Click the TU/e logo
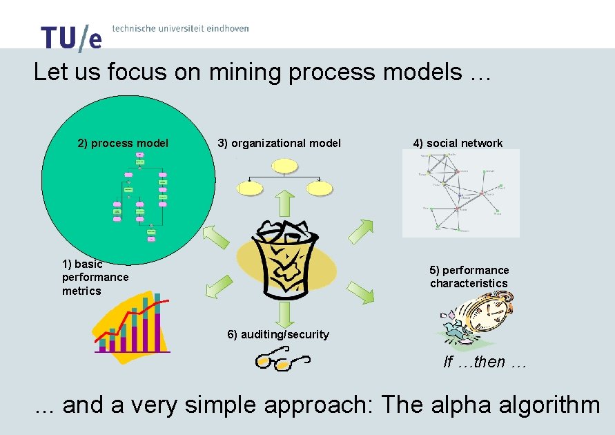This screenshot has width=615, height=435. coord(71,37)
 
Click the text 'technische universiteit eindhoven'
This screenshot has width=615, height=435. coord(180,29)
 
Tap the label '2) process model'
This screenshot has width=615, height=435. coord(123,144)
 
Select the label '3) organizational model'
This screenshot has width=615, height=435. coord(280,144)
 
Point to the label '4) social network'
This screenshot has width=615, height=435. coord(458,144)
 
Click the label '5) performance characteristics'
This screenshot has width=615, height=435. coord(469,277)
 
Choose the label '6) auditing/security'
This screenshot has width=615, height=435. coord(278,335)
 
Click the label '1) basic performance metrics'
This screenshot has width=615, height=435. coord(95,277)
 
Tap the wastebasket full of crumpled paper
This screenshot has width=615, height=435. coord(284,259)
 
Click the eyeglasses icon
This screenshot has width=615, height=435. coord(282,360)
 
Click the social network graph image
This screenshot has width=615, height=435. coord(460,193)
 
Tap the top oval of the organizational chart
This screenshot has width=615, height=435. coord(285,165)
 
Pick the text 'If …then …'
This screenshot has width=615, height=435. coord(485,362)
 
